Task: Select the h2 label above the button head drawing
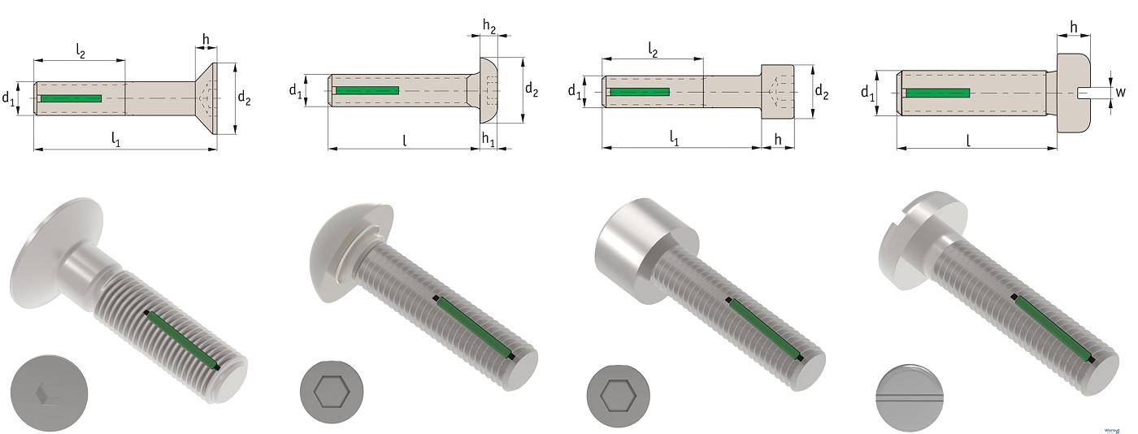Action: pos(489,26)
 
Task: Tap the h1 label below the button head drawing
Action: pos(488,139)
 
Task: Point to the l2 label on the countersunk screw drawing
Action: pos(82,50)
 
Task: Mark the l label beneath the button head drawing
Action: pos(404,139)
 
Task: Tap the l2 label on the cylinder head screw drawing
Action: pos(652,50)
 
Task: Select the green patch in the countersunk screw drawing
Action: pos(72,98)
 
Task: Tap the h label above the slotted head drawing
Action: pos(1074,27)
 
